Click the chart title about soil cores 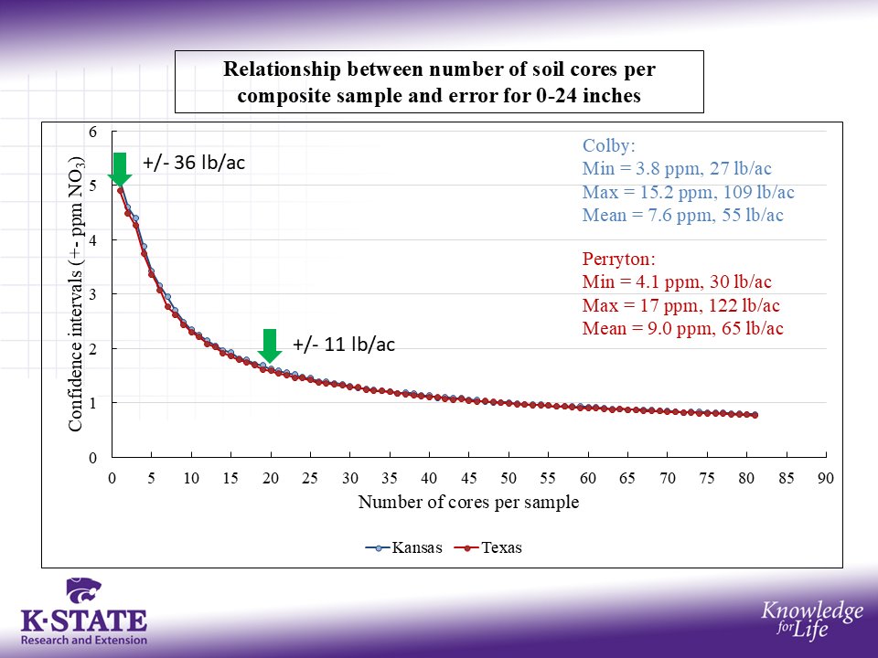(x=439, y=81)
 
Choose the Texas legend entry (x=490, y=548)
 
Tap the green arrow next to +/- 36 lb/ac (x=119, y=167)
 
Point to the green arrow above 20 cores (x=269, y=345)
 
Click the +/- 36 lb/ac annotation (x=195, y=164)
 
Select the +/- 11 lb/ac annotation (x=343, y=345)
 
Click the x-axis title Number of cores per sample (x=468, y=503)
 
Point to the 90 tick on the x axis (x=826, y=478)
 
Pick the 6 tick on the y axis (x=91, y=132)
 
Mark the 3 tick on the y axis (x=91, y=294)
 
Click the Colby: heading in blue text (x=608, y=145)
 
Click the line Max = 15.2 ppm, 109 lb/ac (x=688, y=193)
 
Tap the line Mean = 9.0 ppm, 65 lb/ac (x=682, y=329)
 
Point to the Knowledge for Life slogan (x=812, y=620)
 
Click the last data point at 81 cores (x=755, y=415)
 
